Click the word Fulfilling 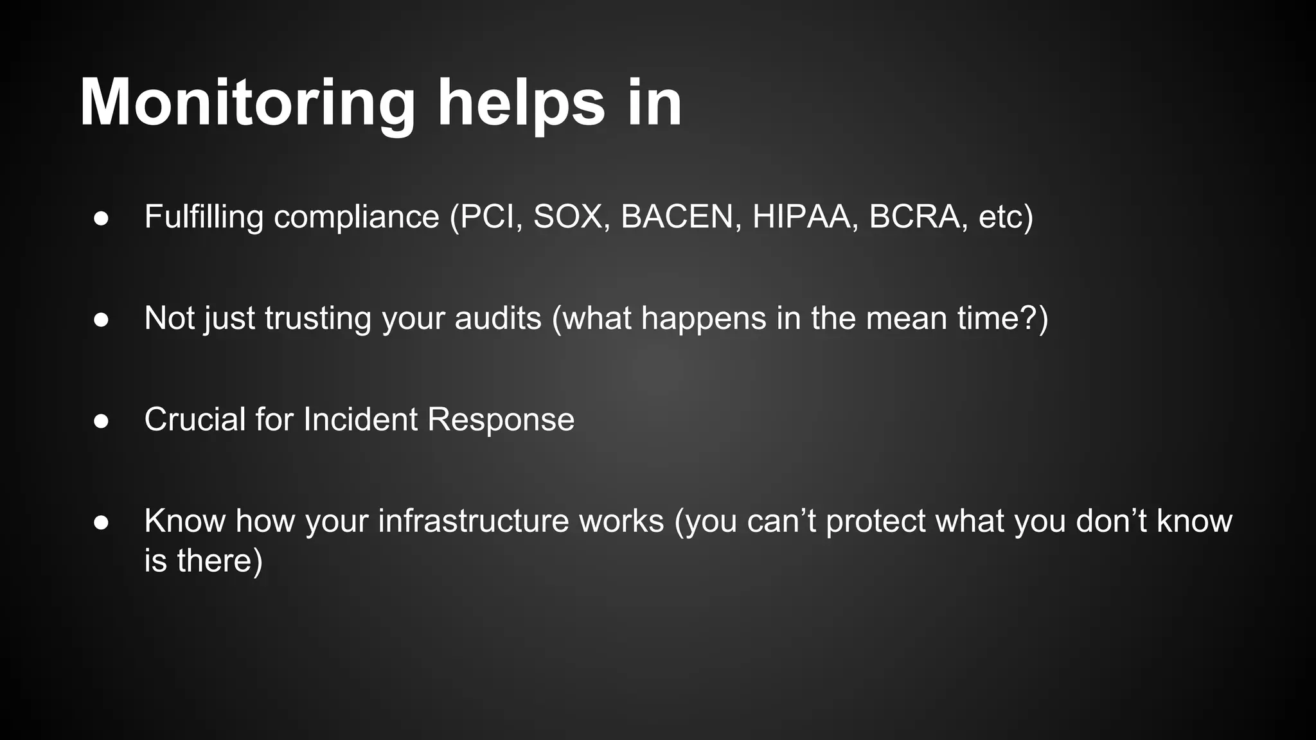pos(204,216)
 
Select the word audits pos(498,318)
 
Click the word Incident pos(360,419)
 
